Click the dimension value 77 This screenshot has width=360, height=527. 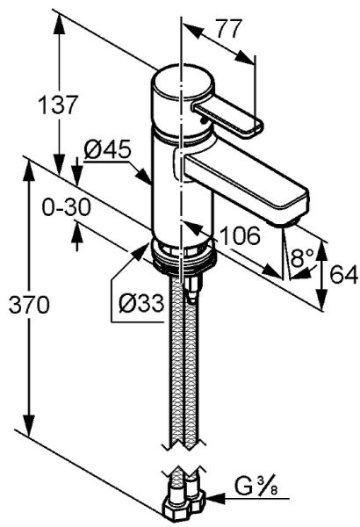pos(228,28)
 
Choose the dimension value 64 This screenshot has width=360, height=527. pos(343,274)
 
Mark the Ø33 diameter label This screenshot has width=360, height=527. pos(140,304)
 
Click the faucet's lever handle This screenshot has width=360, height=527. pos(227,117)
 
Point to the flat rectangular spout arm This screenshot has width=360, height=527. pos(246,180)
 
